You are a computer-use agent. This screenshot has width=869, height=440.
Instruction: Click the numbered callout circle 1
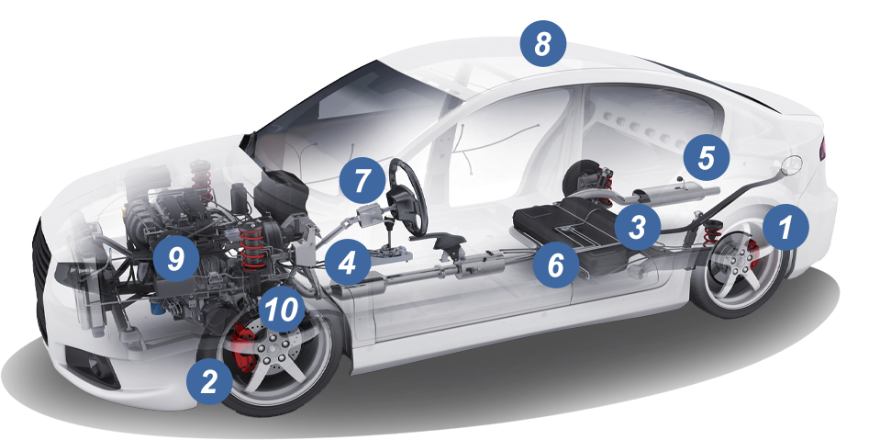[x=785, y=227]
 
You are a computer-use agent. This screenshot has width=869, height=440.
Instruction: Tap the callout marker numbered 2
[x=209, y=382]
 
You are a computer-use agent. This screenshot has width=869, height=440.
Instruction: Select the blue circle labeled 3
[x=638, y=227]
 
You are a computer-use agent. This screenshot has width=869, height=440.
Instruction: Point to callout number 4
[x=348, y=264]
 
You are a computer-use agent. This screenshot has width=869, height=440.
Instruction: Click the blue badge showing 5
[x=706, y=157]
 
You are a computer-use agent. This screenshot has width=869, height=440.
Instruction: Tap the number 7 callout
[x=362, y=181]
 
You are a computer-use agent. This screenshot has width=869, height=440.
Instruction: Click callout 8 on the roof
[x=543, y=44]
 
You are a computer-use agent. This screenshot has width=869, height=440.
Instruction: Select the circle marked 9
[x=175, y=258]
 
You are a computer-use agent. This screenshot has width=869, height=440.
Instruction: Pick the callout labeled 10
[x=282, y=310]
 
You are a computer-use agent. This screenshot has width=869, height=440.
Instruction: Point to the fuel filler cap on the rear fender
[x=791, y=164]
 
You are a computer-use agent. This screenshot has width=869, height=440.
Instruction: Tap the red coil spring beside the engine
[x=252, y=244]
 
